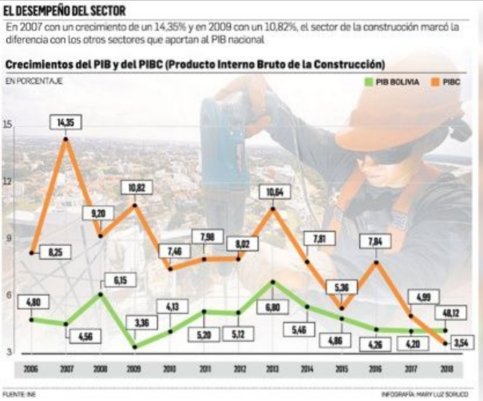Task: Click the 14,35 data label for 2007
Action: [x=65, y=121]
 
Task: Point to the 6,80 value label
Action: [x=273, y=307]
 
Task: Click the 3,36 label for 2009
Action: [x=135, y=322]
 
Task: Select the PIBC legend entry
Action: [x=451, y=81]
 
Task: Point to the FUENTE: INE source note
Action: [x=19, y=394]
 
